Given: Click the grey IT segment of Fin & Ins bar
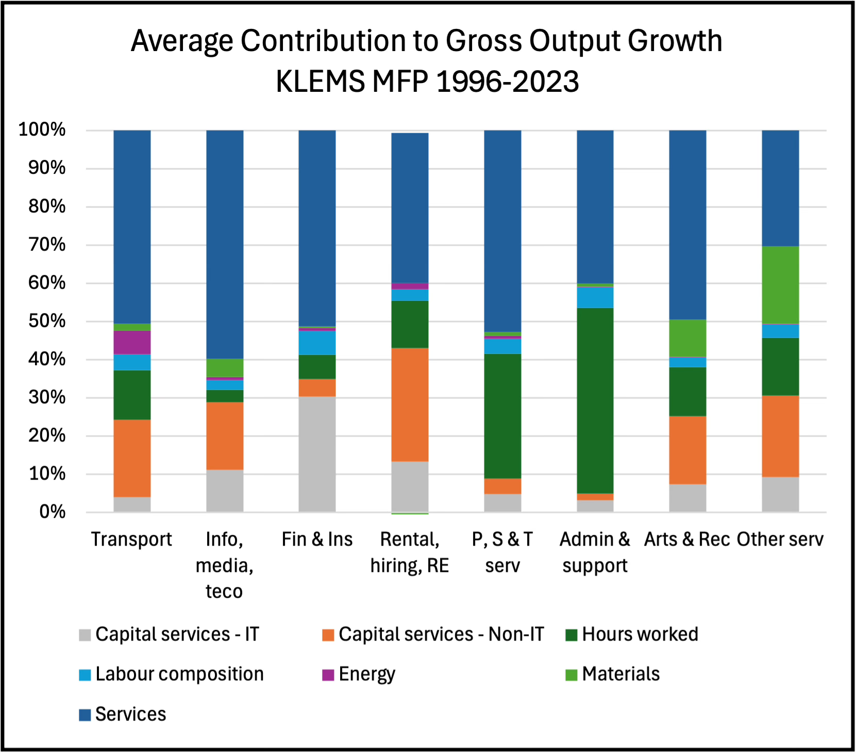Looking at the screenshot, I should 317,454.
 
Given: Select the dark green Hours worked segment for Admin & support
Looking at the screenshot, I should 595,400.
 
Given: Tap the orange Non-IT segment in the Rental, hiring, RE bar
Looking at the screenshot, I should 410,404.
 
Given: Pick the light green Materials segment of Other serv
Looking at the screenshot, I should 780,285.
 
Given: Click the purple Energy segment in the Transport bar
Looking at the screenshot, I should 132,342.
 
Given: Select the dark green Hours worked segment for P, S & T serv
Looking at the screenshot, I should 502,416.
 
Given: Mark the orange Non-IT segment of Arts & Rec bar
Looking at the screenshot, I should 687,450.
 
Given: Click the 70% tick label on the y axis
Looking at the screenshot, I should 47,244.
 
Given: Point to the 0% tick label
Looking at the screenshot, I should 52,512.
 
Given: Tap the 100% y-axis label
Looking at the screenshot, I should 42,129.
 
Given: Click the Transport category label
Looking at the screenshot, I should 131,539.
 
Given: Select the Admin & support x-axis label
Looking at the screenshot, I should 595,552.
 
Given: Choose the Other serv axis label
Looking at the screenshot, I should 780,539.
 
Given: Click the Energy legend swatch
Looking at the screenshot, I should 328,675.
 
